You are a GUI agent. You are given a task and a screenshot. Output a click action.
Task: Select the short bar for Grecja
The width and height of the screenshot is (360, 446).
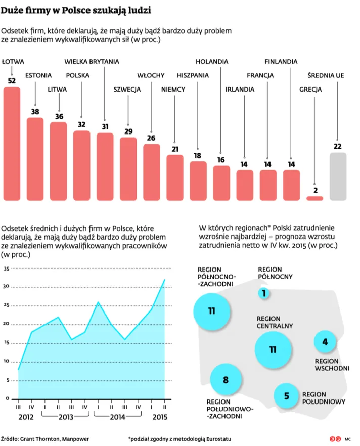pos(314,198)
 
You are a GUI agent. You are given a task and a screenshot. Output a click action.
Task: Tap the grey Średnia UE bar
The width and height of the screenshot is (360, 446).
pos(338,176)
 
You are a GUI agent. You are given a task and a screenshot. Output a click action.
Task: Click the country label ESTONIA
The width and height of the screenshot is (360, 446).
pos(38,75)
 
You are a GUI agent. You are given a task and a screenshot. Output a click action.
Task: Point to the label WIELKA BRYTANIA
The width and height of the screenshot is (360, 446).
pos(92,61)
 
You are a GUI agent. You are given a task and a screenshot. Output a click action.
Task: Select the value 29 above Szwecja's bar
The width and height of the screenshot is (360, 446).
pos(128,131)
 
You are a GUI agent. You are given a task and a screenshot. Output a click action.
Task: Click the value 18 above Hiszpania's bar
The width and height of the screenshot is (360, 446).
pos(198,156)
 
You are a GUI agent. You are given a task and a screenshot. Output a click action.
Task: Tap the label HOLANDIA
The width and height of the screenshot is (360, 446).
pos(211,61)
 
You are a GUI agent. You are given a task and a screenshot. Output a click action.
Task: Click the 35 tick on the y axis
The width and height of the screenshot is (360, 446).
pos(7,269)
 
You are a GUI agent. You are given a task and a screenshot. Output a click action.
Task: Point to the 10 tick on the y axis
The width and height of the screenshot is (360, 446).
pos(7,361)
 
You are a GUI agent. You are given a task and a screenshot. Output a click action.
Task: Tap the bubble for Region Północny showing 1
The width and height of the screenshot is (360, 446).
pos(263,293)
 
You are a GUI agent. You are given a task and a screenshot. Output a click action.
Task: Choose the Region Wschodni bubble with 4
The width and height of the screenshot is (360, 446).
pos(325,342)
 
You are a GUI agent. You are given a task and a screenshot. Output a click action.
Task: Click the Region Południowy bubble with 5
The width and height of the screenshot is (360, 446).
pos(286,396)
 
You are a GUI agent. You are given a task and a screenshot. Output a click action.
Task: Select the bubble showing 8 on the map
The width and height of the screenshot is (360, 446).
pos(226,379)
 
